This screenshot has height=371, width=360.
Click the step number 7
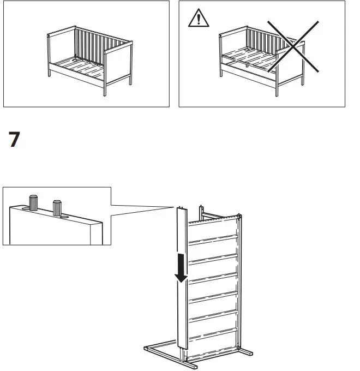15,140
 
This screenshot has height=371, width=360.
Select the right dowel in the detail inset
57,207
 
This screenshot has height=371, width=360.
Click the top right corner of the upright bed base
238,217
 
